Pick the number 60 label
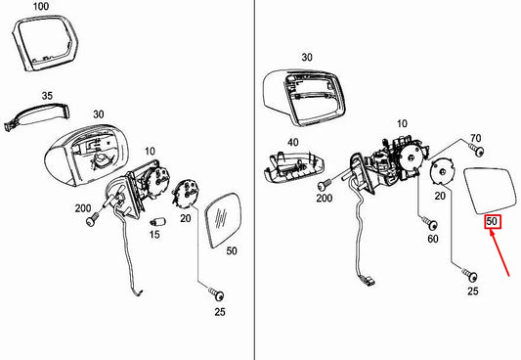[x=432, y=237]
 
